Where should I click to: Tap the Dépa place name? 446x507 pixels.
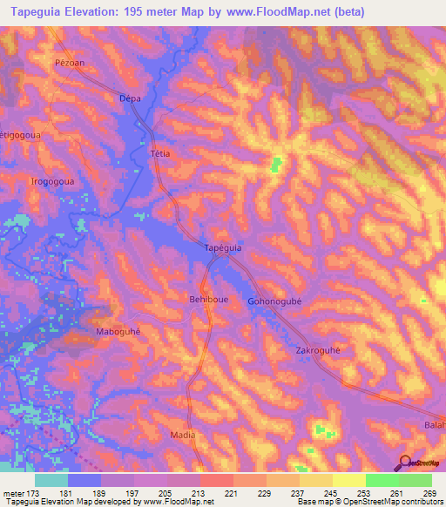point(130,99)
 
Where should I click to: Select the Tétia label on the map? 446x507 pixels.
point(159,153)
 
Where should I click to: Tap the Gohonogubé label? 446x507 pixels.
point(274,302)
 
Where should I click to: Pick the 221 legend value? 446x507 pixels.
point(231,493)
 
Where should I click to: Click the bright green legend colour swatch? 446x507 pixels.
point(382,480)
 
